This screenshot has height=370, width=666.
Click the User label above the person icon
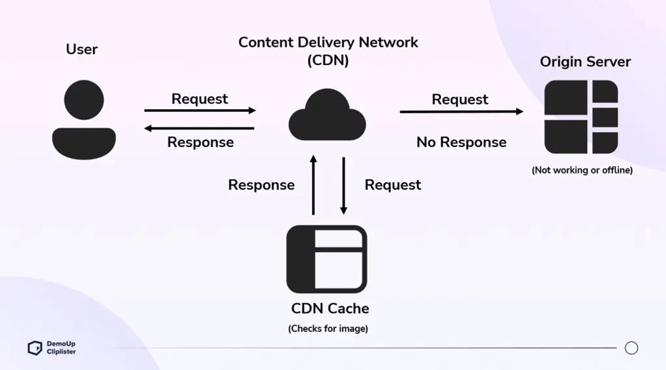click(x=82, y=49)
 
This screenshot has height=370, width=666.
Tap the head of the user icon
click(x=84, y=100)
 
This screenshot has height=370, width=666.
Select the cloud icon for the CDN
click(x=327, y=116)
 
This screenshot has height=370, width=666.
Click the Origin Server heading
click(x=585, y=62)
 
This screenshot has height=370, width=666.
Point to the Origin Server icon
click(x=581, y=117)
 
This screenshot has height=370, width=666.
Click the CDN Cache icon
click(x=327, y=259)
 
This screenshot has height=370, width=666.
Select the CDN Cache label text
click(x=330, y=308)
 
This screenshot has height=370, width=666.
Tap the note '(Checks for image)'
click(x=328, y=329)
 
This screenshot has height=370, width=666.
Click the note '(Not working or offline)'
click(x=582, y=170)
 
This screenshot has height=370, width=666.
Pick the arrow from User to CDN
click(x=200, y=111)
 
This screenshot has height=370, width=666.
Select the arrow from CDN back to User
click(x=200, y=128)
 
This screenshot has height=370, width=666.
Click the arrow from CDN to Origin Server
click(x=461, y=111)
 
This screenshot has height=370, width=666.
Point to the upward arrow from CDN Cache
click(x=313, y=185)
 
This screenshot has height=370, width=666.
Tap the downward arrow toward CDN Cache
click(x=344, y=185)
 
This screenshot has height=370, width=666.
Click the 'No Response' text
click(x=461, y=142)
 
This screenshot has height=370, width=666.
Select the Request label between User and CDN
click(x=200, y=99)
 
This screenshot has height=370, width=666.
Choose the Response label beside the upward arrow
click(x=261, y=185)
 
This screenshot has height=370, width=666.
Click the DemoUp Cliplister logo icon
click(x=35, y=348)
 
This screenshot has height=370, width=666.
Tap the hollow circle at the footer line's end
click(x=631, y=348)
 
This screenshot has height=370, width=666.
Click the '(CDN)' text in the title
click(x=328, y=61)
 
